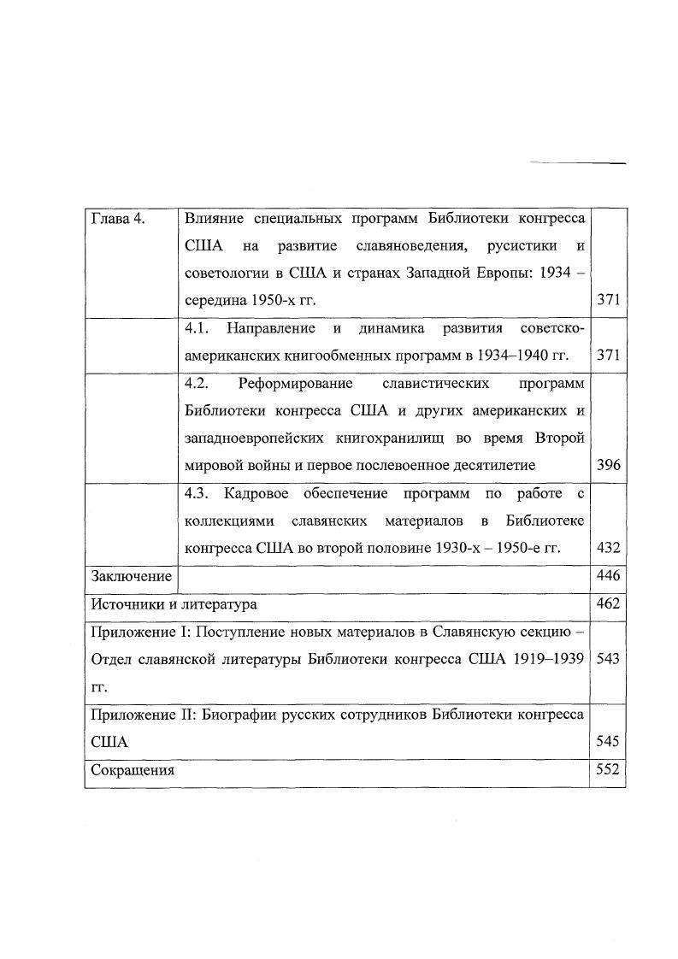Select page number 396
point(609,466)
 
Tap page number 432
point(609,548)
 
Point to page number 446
point(609,576)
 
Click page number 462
point(609,604)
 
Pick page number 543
point(609,659)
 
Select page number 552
point(609,769)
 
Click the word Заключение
point(132,576)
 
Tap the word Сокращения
point(133,769)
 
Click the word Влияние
point(214,219)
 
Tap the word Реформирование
point(298,384)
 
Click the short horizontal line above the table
point(578,162)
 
